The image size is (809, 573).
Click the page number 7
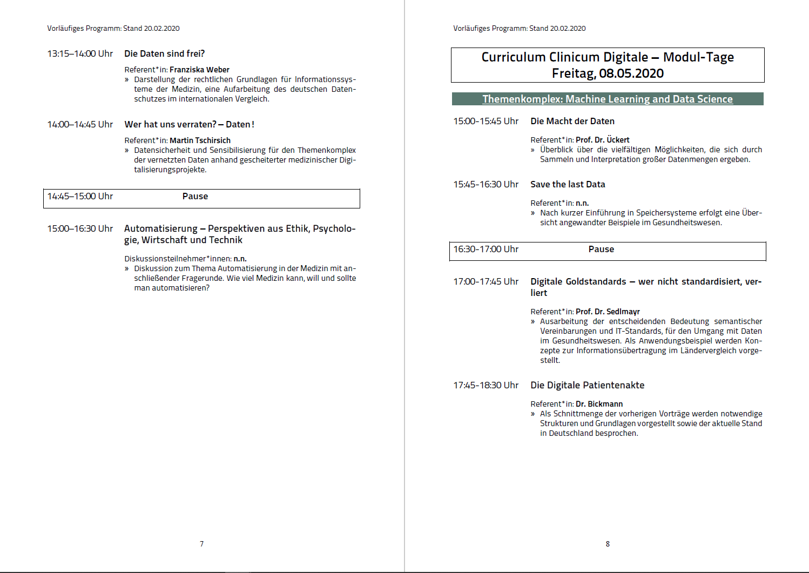(x=201, y=544)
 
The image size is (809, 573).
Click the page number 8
(x=608, y=544)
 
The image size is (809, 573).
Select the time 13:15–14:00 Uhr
(x=80, y=53)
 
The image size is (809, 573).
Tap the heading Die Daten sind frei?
(x=164, y=53)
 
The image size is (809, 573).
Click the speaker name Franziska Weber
(x=199, y=70)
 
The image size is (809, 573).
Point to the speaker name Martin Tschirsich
(x=200, y=140)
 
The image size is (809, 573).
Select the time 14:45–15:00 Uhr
(x=80, y=196)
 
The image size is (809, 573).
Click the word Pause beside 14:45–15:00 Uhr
(x=195, y=196)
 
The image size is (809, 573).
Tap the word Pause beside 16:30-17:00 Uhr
(x=601, y=249)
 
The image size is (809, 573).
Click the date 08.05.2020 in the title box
(x=631, y=73)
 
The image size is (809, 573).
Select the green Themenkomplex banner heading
(x=608, y=99)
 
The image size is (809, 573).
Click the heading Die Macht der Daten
(x=572, y=121)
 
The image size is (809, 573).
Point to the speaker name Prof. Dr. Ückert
(x=602, y=140)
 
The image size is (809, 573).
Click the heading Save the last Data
(x=568, y=184)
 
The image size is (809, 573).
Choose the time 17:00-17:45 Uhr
(x=486, y=281)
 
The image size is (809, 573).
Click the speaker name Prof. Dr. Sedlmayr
(x=608, y=312)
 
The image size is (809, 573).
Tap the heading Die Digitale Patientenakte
(x=587, y=385)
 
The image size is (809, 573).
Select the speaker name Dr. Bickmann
(x=599, y=404)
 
